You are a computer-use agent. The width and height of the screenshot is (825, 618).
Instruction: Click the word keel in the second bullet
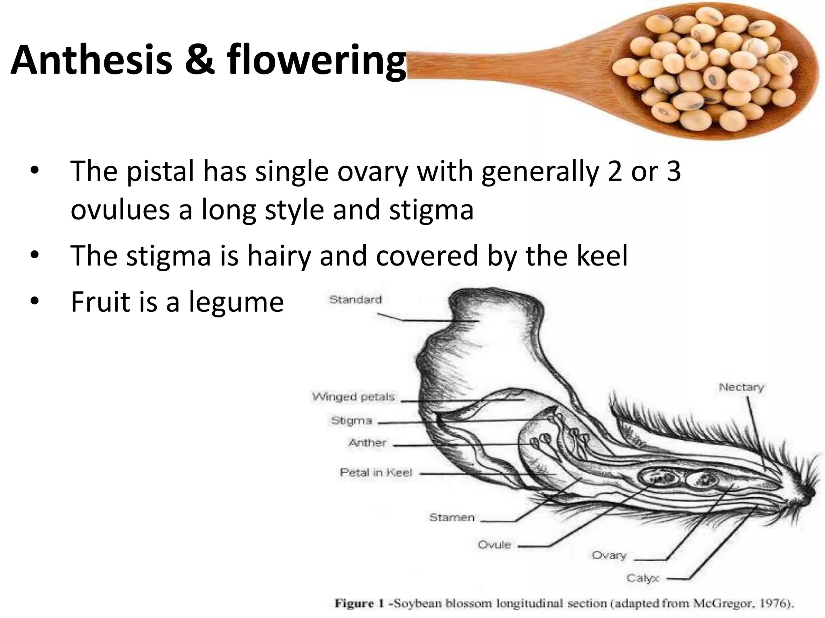point(602,255)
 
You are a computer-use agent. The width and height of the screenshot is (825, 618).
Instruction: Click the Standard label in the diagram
point(355,300)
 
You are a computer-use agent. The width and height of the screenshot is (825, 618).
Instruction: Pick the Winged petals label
point(353,397)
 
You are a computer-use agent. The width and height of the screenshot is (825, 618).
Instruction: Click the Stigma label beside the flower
point(351,421)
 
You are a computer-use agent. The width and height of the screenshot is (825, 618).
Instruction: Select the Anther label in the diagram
point(367,443)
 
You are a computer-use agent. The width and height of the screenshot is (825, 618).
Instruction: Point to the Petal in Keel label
point(376,472)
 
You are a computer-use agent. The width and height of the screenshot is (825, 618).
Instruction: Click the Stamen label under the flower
point(452,517)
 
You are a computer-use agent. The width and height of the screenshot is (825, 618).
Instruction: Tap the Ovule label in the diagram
point(494,545)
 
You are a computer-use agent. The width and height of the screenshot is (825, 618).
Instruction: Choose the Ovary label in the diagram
point(609,556)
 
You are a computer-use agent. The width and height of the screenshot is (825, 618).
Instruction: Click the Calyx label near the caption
point(643,579)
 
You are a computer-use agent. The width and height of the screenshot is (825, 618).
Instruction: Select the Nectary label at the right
point(741,387)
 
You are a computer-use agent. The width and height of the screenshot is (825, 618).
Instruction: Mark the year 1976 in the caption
point(774,603)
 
